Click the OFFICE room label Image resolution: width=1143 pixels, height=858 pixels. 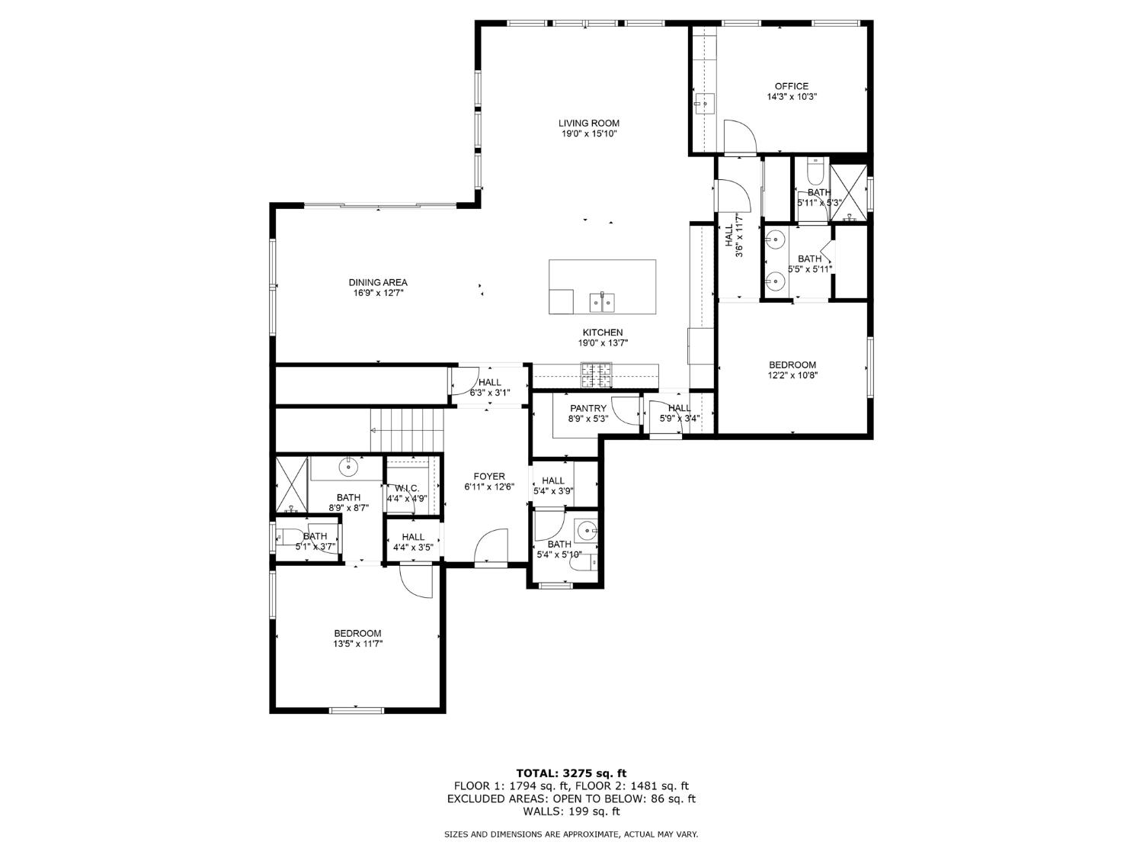[791, 86]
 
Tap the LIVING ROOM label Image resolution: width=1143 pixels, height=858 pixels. [588, 123]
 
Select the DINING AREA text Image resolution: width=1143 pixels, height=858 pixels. [378, 282]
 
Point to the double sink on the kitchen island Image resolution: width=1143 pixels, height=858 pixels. [603, 302]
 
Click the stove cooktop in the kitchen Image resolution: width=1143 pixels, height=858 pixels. [597, 374]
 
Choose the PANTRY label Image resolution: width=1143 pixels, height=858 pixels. [588, 408]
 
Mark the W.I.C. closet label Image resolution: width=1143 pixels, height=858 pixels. [406, 488]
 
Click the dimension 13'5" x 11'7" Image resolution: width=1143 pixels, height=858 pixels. [357, 644]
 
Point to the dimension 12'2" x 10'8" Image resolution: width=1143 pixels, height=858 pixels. [792, 375]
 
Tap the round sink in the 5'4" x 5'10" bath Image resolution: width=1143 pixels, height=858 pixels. [586, 529]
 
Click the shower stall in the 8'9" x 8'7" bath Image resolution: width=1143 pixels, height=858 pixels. [291, 484]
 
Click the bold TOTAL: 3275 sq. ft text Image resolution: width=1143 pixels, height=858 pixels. [571, 773]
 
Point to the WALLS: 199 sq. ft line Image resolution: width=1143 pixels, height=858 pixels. [571, 811]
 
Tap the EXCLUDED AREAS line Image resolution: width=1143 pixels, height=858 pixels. [571, 799]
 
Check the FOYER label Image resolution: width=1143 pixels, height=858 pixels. [488, 477]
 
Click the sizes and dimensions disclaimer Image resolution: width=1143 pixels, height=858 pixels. [571, 834]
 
